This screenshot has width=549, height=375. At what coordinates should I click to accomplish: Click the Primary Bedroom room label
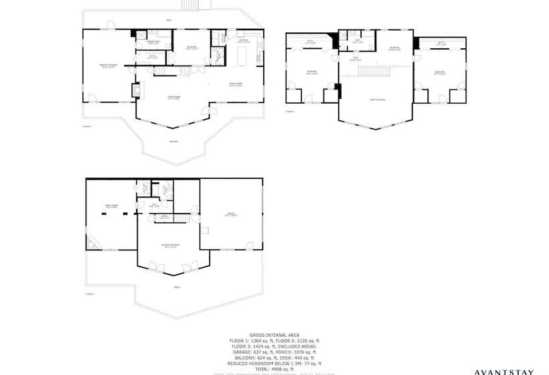pos(99,66)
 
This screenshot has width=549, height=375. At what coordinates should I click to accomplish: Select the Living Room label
pos(175,97)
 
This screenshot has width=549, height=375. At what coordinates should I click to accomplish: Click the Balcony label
pos(173,141)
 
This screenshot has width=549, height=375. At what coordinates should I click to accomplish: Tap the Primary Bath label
pos(145,42)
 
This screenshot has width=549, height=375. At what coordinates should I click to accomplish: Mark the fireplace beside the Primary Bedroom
pos(139,90)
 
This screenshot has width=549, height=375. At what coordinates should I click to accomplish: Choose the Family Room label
pos(111,206)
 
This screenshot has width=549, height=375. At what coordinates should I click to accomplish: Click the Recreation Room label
pos(173,246)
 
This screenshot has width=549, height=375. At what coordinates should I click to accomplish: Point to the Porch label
pos(177,287)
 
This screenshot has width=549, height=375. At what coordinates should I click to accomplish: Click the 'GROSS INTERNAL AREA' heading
pos(274,334)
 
